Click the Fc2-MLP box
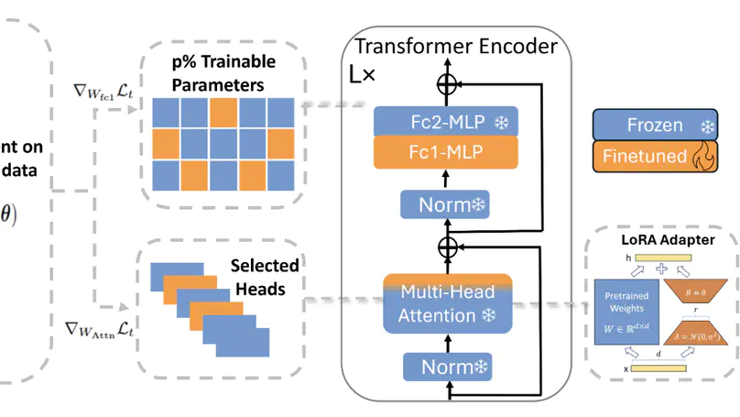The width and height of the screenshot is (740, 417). click(446, 122)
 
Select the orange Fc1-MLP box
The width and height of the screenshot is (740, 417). click(446, 151)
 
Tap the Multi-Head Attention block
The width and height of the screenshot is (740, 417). click(446, 303)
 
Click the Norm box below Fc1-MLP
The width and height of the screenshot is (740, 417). click(446, 204)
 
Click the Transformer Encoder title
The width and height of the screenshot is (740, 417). click(455, 46)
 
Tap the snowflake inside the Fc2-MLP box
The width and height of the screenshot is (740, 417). click(502, 122)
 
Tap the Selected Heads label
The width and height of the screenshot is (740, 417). click(265, 276)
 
